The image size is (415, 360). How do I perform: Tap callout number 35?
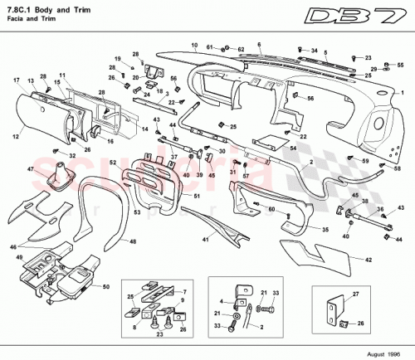click(x=325, y=229)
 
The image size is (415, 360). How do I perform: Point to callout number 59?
click(x=364, y=159)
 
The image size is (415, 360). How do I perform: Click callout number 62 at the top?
click(x=242, y=50)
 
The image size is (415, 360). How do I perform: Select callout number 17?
click(x=16, y=80)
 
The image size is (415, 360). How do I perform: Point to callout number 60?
click(x=271, y=210)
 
